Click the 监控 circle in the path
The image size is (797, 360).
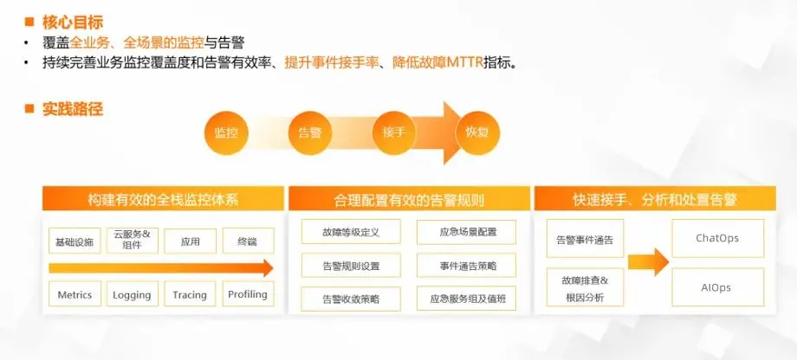click(226, 132)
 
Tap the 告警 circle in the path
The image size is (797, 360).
click(309, 132)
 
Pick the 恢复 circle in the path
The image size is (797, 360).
click(477, 132)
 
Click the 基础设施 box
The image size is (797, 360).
click(74, 241)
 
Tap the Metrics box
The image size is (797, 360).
click(75, 294)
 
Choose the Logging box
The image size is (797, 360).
click(132, 294)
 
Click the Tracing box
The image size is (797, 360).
click(190, 294)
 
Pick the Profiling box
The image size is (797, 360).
click(247, 294)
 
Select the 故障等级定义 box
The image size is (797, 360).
click(351, 232)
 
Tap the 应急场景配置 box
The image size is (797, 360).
click(466, 232)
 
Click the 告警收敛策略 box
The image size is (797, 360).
click(351, 299)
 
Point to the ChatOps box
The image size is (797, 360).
click(717, 238)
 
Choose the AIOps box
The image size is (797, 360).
click(717, 286)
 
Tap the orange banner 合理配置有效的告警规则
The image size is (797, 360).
click(409, 199)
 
